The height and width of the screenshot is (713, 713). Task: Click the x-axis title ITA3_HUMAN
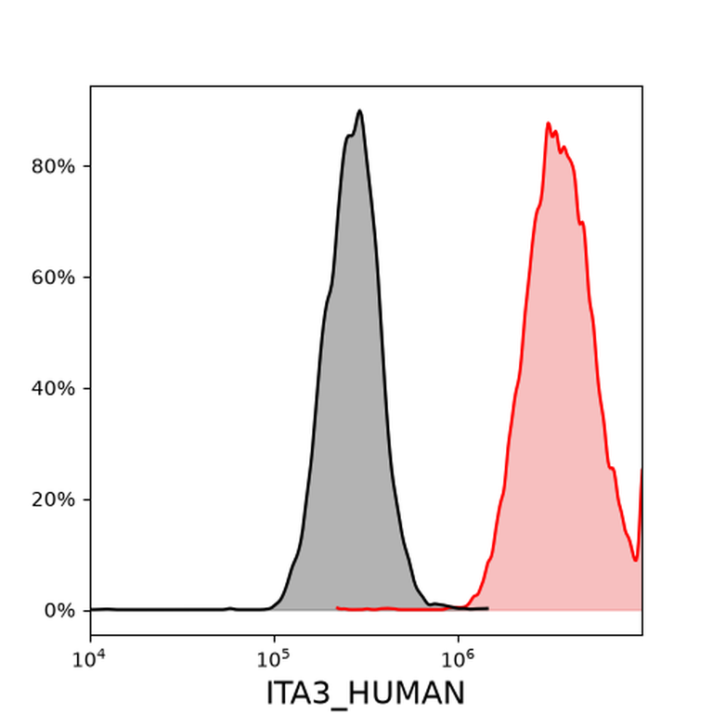pyautogui.click(x=365, y=694)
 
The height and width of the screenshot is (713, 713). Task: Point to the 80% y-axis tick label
pyautogui.click(x=53, y=166)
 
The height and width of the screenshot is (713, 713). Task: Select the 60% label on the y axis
pyautogui.click(x=53, y=278)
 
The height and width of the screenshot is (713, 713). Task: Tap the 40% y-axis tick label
pyautogui.click(x=53, y=388)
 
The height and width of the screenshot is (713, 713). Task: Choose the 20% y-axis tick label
pyautogui.click(x=53, y=499)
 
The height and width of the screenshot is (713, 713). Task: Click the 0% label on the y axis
pyautogui.click(x=59, y=611)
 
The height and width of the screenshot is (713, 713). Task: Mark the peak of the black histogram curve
pyautogui.click(x=359, y=110)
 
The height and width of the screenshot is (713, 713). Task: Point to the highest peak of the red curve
pyautogui.click(x=548, y=123)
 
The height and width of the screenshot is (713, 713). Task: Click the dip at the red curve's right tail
pyautogui.click(x=636, y=560)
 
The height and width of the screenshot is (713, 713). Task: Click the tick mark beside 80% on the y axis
pyautogui.click(x=87, y=166)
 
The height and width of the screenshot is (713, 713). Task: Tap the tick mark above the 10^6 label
pyautogui.click(x=458, y=639)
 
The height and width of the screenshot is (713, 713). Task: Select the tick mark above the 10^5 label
pyautogui.click(x=274, y=639)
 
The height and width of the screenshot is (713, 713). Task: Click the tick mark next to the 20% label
pyautogui.click(x=87, y=499)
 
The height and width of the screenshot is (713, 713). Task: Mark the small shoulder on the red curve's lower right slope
pyautogui.click(x=612, y=468)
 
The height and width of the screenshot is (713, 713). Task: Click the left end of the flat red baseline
pyautogui.click(x=337, y=607)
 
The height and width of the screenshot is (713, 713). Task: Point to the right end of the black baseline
pyautogui.click(x=488, y=608)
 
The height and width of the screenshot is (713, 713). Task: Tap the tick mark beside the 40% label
pyautogui.click(x=87, y=388)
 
